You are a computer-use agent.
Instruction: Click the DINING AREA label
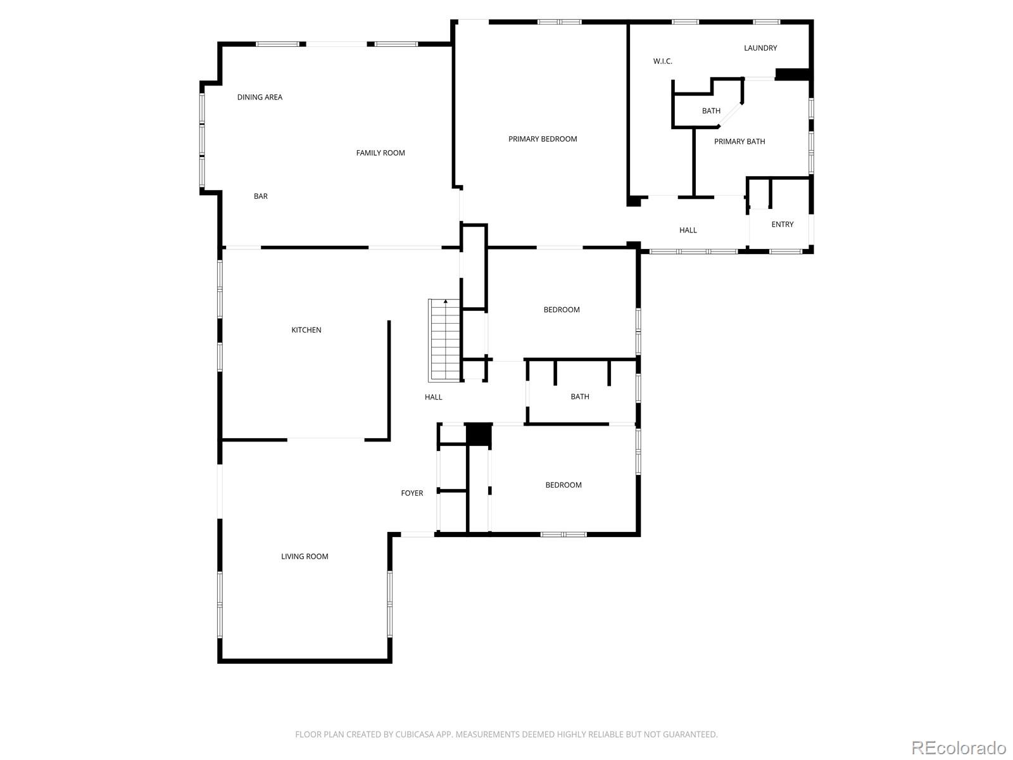(x=260, y=97)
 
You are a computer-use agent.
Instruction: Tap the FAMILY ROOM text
(x=380, y=153)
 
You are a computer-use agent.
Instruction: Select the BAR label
(x=261, y=196)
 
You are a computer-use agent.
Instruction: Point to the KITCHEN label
(x=306, y=330)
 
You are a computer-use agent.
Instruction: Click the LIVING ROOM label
(x=305, y=557)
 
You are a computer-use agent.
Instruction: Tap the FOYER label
(x=412, y=493)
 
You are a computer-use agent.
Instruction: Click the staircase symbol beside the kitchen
(x=444, y=340)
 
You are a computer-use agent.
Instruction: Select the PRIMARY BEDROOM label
(x=543, y=139)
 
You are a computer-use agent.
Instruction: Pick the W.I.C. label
(x=663, y=61)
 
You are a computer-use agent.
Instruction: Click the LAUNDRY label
(x=760, y=48)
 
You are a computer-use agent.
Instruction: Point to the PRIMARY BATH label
(x=739, y=142)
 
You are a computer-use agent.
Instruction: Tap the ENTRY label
(x=783, y=225)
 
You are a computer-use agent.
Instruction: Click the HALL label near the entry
(x=688, y=231)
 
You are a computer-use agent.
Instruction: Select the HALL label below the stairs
(x=434, y=397)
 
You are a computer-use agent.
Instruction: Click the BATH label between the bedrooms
(x=580, y=397)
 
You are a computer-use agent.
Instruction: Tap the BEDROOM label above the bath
(x=562, y=310)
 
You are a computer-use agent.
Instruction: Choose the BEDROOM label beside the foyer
(x=563, y=485)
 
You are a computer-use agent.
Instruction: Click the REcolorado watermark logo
(x=959, y=747)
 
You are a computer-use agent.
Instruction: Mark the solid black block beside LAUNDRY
(x=793, y=74)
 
